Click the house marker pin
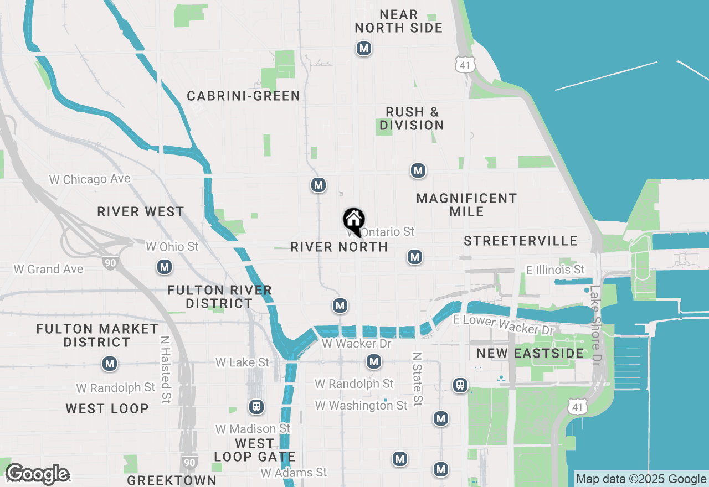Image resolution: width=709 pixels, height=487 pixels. (353, 221)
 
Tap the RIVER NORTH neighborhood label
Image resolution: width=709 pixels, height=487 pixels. (339, 247)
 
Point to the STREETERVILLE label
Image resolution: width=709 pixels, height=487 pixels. (521, 241)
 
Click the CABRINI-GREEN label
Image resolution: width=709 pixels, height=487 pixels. (244, 96)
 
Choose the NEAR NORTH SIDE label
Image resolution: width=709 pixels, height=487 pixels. (399, 21)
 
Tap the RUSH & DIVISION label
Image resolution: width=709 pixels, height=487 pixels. (412, 118)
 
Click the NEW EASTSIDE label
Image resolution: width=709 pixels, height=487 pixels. (530, 353)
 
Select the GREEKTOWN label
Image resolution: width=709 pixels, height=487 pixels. (172, 480)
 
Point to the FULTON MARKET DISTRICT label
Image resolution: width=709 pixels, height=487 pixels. (97, 335)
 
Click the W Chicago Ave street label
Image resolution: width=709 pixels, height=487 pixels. (90, 179)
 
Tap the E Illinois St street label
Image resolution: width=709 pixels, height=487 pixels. (555, 270)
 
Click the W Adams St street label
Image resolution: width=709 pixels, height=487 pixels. (294, 473)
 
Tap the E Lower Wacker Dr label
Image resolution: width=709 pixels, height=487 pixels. (504, 325)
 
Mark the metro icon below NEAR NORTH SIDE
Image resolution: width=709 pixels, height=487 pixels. (363, 49)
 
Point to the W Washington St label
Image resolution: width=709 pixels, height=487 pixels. (361, 406)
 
